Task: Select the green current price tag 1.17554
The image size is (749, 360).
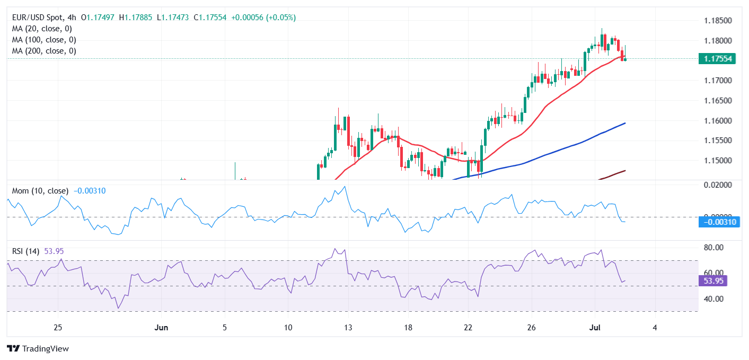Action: (x=717, y=59)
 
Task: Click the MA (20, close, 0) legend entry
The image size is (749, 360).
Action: (x=42, y=29)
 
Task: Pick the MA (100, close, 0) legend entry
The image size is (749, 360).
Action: (x=44, y=40)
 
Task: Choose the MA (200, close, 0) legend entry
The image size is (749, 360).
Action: (x=44, y=51)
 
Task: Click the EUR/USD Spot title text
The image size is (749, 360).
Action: (x=37, y=17)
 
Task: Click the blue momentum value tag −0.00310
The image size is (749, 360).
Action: (x=718, y=222)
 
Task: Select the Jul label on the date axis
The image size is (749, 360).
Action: (x=595, y=328)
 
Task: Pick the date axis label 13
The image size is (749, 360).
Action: (x=348, y=328)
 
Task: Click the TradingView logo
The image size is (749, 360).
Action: (x=38, y=349)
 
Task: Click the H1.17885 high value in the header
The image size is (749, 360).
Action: (x=136, y=17)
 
